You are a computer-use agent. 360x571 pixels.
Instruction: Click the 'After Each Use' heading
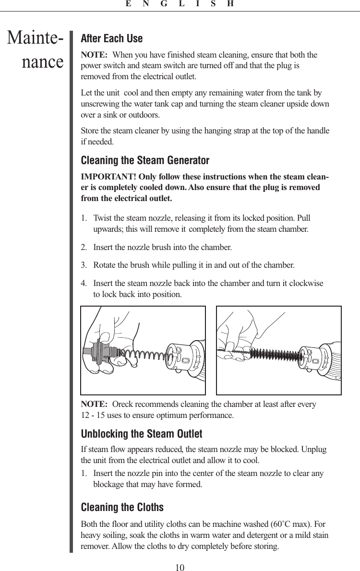(x=111, y=38)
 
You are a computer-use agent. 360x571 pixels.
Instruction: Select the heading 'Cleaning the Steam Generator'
(x=145, y=160)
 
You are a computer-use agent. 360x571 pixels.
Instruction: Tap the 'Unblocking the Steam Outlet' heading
(x=142, y=434)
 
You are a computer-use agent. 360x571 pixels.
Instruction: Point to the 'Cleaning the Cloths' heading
(x=122, y=507)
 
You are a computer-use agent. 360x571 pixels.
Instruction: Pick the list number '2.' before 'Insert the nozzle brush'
(x=84, y=248)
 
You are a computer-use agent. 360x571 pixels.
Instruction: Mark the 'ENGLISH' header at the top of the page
(x=180, y=4)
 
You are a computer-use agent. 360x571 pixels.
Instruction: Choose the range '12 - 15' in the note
(x=93, y=415)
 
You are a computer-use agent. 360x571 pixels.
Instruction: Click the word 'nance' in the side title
(x=43, y=62)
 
